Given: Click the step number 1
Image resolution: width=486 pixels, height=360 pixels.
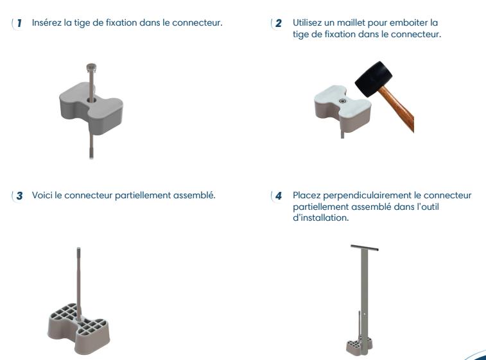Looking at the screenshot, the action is [x=19, y=23].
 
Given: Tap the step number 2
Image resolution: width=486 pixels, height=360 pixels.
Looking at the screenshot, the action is [x=279, y=23].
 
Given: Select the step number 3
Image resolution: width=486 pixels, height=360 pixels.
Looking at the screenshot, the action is [x=19, y=196].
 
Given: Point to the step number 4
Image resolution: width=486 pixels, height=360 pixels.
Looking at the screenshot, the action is [x=279, y=196].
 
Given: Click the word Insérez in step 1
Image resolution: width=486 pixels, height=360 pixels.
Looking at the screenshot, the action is [x=46, y=22].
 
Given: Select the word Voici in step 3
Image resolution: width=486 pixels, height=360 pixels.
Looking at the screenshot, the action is [x=42, y=195].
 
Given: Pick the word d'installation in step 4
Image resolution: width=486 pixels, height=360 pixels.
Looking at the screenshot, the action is [x=321, y=218].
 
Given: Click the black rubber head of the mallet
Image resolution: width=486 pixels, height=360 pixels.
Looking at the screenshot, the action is [x=373, y=78].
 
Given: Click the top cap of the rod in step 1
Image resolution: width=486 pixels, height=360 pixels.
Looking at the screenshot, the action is [x=91, y=67].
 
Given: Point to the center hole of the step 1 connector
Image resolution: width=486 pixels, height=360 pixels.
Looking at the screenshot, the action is [x=92, y=100].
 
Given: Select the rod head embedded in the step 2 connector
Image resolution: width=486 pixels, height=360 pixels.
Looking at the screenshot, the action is [x=342, y=101].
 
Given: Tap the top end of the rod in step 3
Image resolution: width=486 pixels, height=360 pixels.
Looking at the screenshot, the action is [x=78, y=248].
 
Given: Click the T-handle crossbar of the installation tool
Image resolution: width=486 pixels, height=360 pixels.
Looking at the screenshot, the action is [x=365, y=248].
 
